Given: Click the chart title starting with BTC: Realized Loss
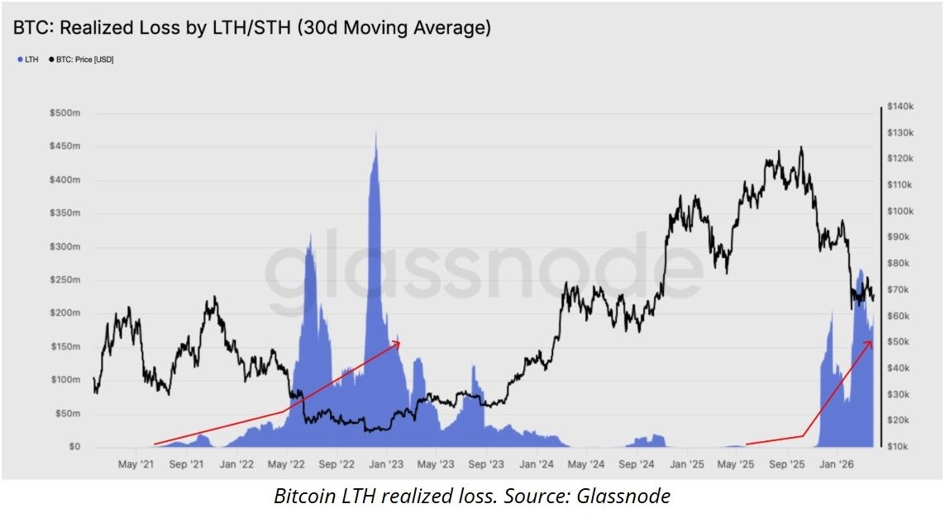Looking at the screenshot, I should [251, 27].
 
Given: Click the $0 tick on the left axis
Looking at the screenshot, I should [74, 447].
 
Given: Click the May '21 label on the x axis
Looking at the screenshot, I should [136, 465].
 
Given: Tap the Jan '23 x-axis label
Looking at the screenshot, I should [385, 465].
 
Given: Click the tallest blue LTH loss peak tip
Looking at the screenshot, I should [376, 131].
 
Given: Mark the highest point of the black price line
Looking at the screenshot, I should [800, 147].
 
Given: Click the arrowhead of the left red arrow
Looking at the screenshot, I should [399, 340].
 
